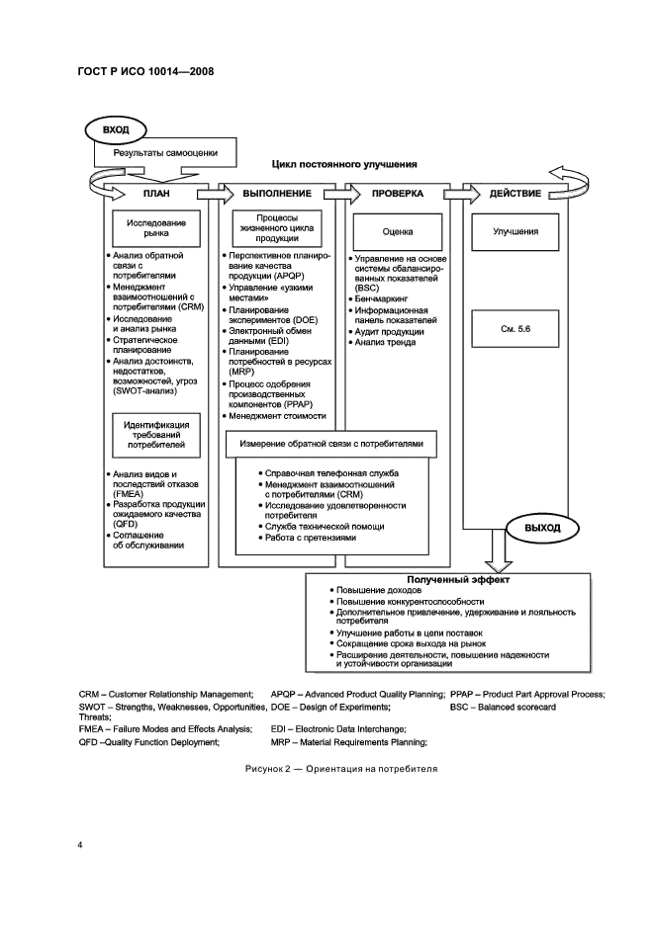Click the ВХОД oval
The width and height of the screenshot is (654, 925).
(x=116, y=128)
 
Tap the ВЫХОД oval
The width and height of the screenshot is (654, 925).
(x=542, y=528)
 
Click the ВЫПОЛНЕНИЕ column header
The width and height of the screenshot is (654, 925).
(x=277, y=194)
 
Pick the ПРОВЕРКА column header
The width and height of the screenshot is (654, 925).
(x=397, y=194)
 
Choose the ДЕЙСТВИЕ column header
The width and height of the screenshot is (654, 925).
(x=514, y=194)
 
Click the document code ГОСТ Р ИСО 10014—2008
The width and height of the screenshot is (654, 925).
(x=145, y=71)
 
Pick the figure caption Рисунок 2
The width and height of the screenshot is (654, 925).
(x=340, y=768)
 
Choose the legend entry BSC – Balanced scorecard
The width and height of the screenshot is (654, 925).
(x=502, y=708)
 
